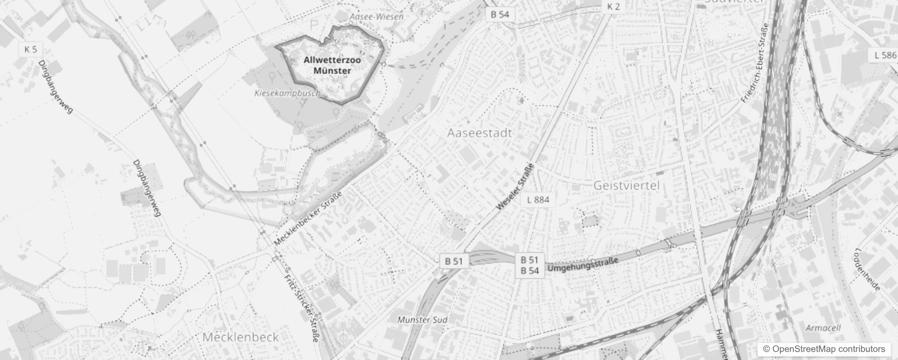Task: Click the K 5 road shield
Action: click(31, 49)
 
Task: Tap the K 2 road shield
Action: click(613, 6)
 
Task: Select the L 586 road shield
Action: click(885, 55)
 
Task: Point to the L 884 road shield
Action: click(538, 199)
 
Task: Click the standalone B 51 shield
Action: click(453, 261)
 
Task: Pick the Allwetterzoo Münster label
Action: click(332, 65)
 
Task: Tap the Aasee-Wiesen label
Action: click(376, 17)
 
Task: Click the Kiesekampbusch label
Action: click(287, 93)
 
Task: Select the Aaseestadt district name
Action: click(479, 133)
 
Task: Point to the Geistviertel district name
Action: click(626, 185)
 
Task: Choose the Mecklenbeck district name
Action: click(240, 337)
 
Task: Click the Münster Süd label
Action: click(422, 320)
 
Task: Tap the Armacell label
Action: click(823, 328)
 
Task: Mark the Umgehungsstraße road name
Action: click(583, 265)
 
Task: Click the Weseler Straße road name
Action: click(515, 187)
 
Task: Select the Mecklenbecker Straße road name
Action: click(308, 218)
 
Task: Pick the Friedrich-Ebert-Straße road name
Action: click(754, 63)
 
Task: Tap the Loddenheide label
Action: click(868, 269)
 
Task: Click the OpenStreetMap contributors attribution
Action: click(823, 349)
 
